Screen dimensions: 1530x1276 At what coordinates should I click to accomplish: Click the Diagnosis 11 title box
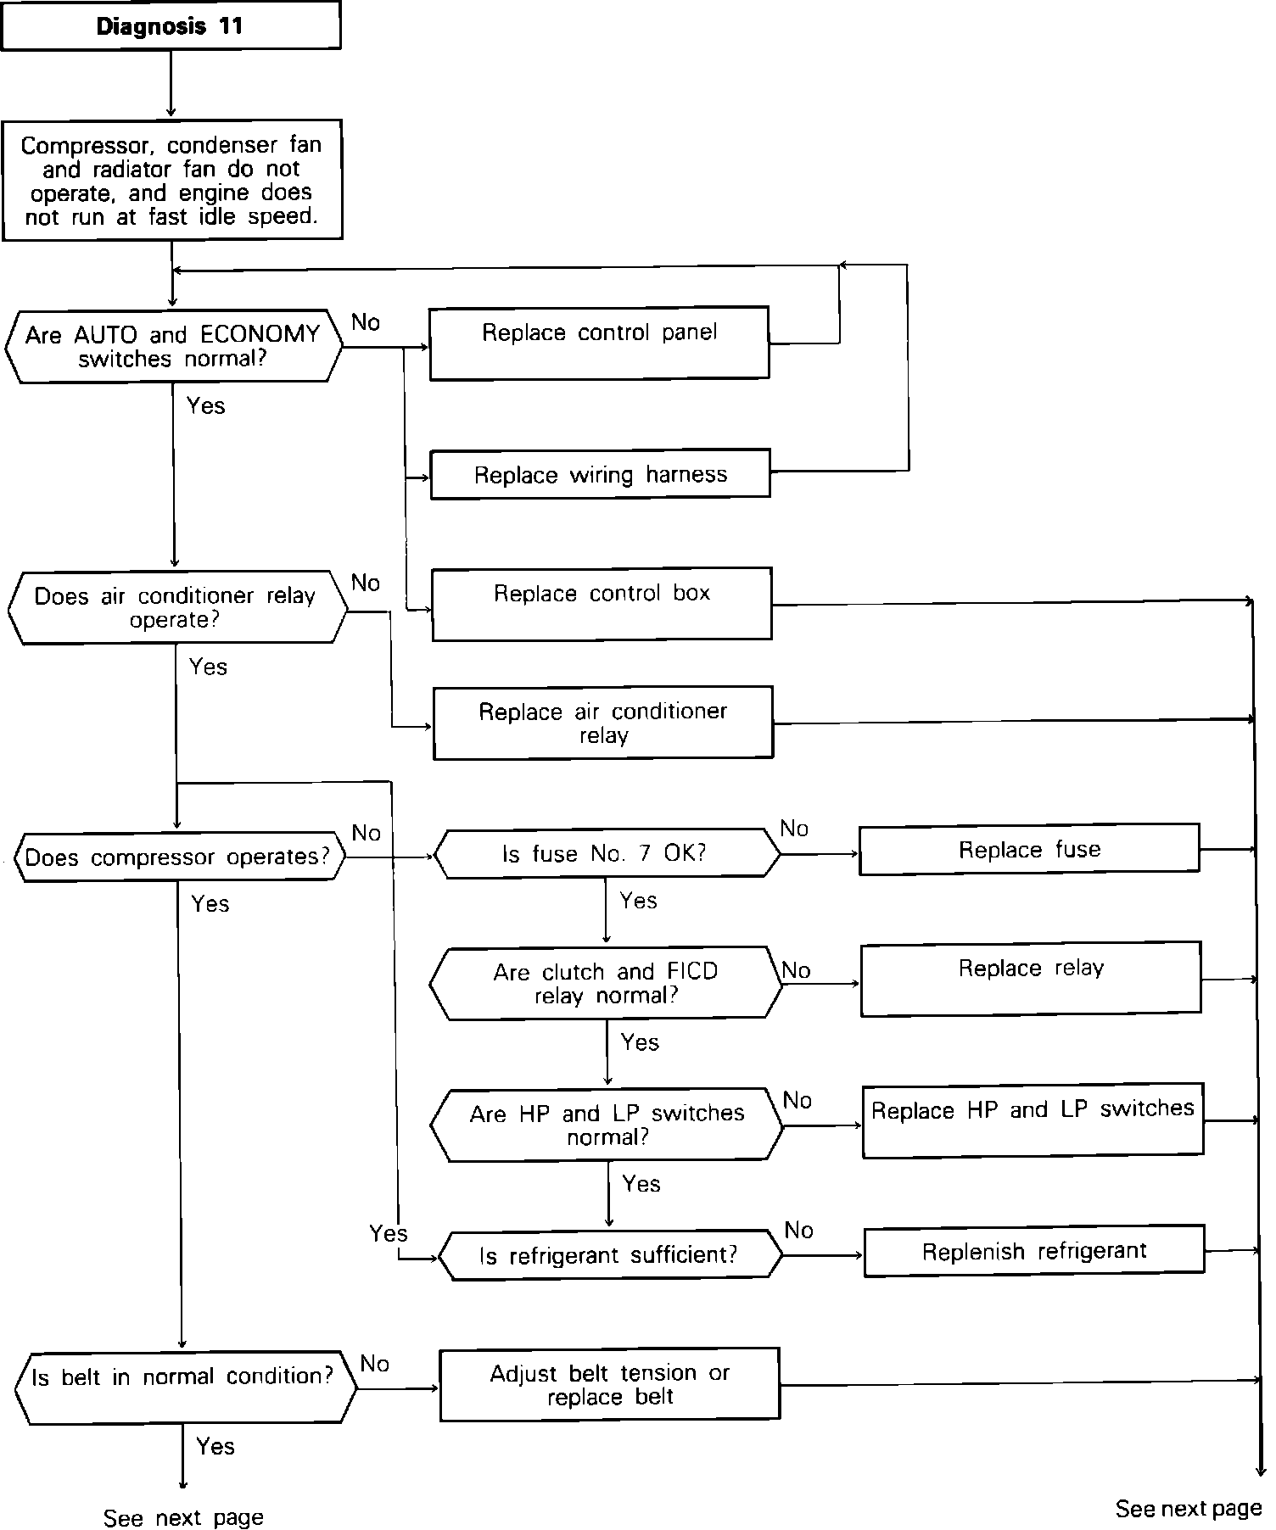(x=170, y=26)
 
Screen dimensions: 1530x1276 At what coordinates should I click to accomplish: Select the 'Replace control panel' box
(x=599, y=342)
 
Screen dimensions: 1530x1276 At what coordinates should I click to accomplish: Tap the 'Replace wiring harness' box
(x=600, y=474)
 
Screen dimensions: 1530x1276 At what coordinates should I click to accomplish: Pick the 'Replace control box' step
(x=602, y=603)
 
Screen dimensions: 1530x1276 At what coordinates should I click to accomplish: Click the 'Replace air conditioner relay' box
(x=602, y=723)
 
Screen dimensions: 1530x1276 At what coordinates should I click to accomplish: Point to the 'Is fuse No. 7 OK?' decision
(x=606, y=853)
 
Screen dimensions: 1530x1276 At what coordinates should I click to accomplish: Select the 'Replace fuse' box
(x=1029, y=849)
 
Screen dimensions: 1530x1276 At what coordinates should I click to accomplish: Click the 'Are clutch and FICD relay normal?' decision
(x=606, y=983)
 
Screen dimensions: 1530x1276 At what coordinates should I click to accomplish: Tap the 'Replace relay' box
(x=1031, y=978)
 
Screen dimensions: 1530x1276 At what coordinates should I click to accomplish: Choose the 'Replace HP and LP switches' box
(x=1033, y=1120)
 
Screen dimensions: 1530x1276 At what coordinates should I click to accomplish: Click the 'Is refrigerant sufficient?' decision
(x=608, y=1254)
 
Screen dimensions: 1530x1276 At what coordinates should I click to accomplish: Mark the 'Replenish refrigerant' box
(x=1033, y=1250)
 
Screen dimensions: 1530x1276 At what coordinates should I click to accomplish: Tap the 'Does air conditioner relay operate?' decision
(x=176, y=607)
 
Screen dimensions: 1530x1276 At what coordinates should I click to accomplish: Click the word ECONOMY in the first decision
(x=260, y=334)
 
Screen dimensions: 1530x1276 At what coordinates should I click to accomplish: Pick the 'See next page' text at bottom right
(x=1188, y=1509)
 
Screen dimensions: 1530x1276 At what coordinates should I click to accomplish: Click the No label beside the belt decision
(x=374, y=1364)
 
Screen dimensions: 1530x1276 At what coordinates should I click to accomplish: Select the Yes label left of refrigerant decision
(x=388, y=1233)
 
